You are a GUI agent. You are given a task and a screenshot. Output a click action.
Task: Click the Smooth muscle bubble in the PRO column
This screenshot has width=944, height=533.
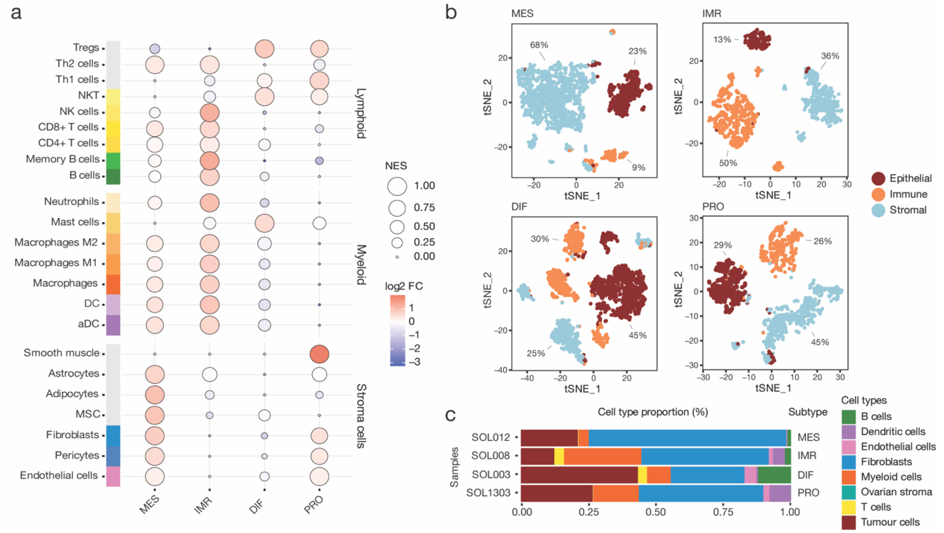(x=319, y=354)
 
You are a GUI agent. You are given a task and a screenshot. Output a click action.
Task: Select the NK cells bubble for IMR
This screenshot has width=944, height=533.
(x=210, y=113)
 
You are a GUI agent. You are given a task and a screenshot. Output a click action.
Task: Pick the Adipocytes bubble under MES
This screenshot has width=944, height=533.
(x=155, y=395)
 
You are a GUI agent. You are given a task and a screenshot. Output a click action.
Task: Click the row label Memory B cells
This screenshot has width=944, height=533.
(x=63, y=159)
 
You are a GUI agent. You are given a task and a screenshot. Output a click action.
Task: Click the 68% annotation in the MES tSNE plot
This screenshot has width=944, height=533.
(x=539, y=45)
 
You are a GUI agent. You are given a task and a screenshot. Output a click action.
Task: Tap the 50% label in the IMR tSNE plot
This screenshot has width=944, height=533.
(x=728, y=163)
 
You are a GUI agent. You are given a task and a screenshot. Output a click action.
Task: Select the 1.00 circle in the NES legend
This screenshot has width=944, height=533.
(x=397, y=186)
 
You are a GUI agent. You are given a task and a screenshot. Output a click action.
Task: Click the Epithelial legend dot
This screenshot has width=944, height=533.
(x=878, y=179)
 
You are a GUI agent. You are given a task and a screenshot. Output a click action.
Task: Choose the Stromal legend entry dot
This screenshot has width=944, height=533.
(x=878, y=210)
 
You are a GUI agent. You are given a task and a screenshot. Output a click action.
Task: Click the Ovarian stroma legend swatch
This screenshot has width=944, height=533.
(x=848, y=492)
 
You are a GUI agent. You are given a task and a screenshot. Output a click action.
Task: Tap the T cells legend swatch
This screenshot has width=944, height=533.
(x=848, y=507)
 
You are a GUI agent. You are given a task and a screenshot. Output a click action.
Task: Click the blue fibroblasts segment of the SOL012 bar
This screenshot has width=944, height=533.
(x=687, y=438)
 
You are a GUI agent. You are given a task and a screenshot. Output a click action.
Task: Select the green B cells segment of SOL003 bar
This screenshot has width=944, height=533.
(x=774, y=475)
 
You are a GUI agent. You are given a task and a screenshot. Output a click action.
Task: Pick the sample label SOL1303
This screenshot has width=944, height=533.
(x=488, y=493)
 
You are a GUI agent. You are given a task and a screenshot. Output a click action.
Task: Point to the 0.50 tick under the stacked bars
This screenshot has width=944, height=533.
(x=656, y=512)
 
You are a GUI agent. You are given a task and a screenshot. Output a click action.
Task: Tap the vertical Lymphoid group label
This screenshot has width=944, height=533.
(x=361, y=114)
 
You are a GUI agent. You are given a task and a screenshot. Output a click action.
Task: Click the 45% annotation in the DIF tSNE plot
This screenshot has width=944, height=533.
(x=637, y=335)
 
